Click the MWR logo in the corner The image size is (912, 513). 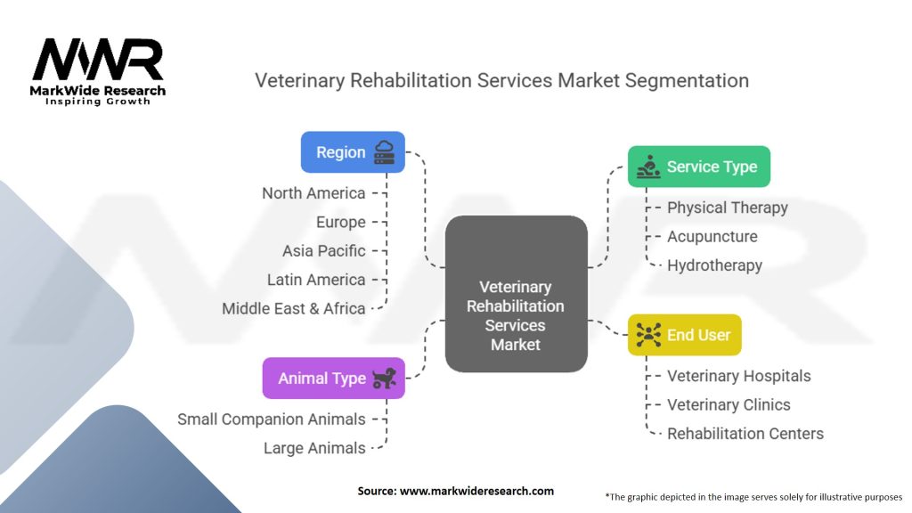pos(99,70)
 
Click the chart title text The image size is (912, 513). pos(501,80)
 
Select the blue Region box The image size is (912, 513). pos(353,152)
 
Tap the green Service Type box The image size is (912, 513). pos(698,167)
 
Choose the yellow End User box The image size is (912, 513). pos(684,335)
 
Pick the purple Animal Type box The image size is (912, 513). pos(333,379)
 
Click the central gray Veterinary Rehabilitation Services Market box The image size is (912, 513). pos(516,315)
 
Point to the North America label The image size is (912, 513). pos(313,193)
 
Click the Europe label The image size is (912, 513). pos(341,222)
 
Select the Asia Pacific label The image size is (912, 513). pos(324,250)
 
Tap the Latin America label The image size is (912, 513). pos(316,280)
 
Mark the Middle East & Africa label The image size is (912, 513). pos(294,308)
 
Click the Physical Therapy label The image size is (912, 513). pos(728,208)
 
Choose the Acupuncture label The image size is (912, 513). pos(712,236)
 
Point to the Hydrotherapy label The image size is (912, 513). pos(714,265)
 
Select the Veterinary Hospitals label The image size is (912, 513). pos(739,376)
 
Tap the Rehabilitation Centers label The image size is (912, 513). pos(745,434)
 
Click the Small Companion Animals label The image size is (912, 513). pos(272,419)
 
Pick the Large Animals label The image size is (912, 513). pos(314,448)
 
